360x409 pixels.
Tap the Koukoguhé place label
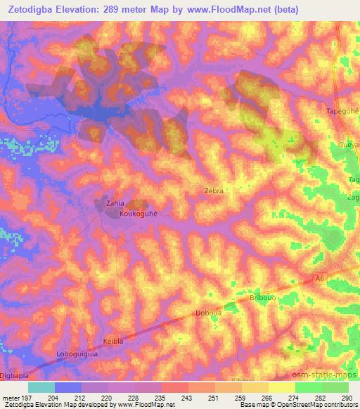click(138, 214)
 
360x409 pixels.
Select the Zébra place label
click(213, 190)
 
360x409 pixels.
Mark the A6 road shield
click(320, 279)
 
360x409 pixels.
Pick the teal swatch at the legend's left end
click(41, 387)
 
